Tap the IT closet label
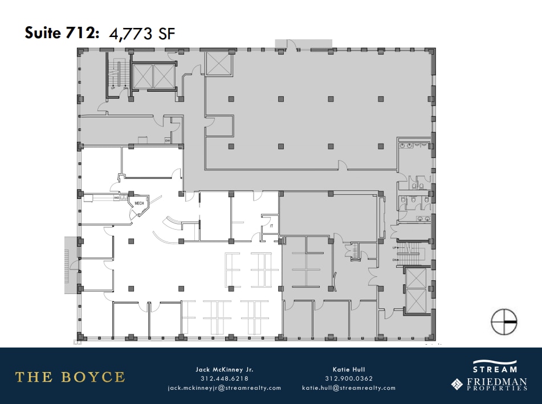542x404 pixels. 272,226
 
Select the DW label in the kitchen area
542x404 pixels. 168,140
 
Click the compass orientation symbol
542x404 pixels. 504,322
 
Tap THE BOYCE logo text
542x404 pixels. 70,377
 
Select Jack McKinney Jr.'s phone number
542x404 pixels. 224,378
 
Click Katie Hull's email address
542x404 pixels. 348,387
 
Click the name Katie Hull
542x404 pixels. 348,369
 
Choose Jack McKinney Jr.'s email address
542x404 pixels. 224,387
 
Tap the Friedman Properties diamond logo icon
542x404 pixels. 457,384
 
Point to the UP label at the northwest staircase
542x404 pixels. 113,88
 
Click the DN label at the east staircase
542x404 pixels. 394,260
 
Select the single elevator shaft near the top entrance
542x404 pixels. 217,63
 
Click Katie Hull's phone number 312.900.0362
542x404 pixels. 348,378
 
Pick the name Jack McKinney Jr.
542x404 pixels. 224,369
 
